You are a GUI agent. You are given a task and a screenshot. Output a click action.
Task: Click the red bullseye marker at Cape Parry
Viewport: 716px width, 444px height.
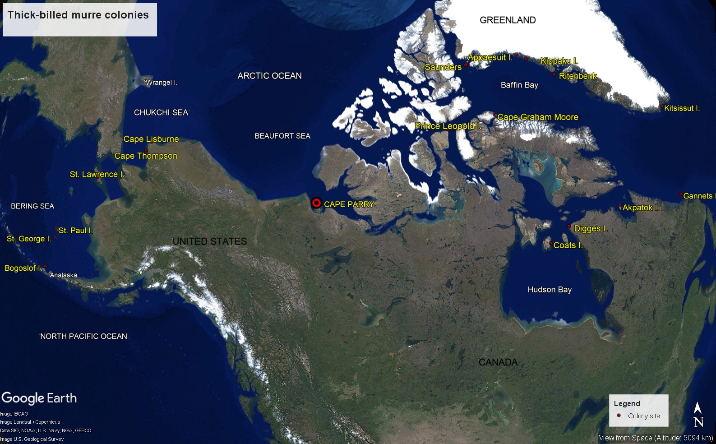316,203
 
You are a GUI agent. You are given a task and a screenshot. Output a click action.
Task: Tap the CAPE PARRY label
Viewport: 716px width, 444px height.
349,204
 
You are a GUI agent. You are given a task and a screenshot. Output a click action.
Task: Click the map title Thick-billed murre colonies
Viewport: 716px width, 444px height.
78,15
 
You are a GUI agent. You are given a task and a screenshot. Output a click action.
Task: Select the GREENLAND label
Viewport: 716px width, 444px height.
508,20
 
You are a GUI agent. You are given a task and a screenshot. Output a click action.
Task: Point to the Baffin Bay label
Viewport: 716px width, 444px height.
519,85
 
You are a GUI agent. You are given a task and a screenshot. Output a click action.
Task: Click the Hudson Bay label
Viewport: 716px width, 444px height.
550,290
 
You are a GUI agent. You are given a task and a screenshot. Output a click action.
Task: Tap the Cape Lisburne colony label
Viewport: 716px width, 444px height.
151,139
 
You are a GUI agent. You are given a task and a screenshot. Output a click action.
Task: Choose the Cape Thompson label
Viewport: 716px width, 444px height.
146,156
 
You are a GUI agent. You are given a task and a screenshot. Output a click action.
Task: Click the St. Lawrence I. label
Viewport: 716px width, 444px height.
97,174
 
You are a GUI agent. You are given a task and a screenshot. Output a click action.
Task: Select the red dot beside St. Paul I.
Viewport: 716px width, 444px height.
56,229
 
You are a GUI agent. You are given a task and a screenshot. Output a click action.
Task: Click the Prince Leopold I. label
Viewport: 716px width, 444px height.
448,126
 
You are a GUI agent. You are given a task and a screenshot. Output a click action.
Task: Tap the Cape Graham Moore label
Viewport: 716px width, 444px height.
538,117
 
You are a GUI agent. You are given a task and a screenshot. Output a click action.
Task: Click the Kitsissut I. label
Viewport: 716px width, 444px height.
682,108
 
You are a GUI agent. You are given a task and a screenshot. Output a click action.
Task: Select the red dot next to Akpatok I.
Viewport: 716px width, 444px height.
620,207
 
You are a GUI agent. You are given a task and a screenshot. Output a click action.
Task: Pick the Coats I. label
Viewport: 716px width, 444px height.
568,245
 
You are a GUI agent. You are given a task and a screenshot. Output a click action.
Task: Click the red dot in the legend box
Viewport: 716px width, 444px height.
619,416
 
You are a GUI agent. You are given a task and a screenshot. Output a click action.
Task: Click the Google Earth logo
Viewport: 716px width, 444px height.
39,398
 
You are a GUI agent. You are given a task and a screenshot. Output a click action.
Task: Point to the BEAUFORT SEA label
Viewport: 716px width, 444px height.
282,136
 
